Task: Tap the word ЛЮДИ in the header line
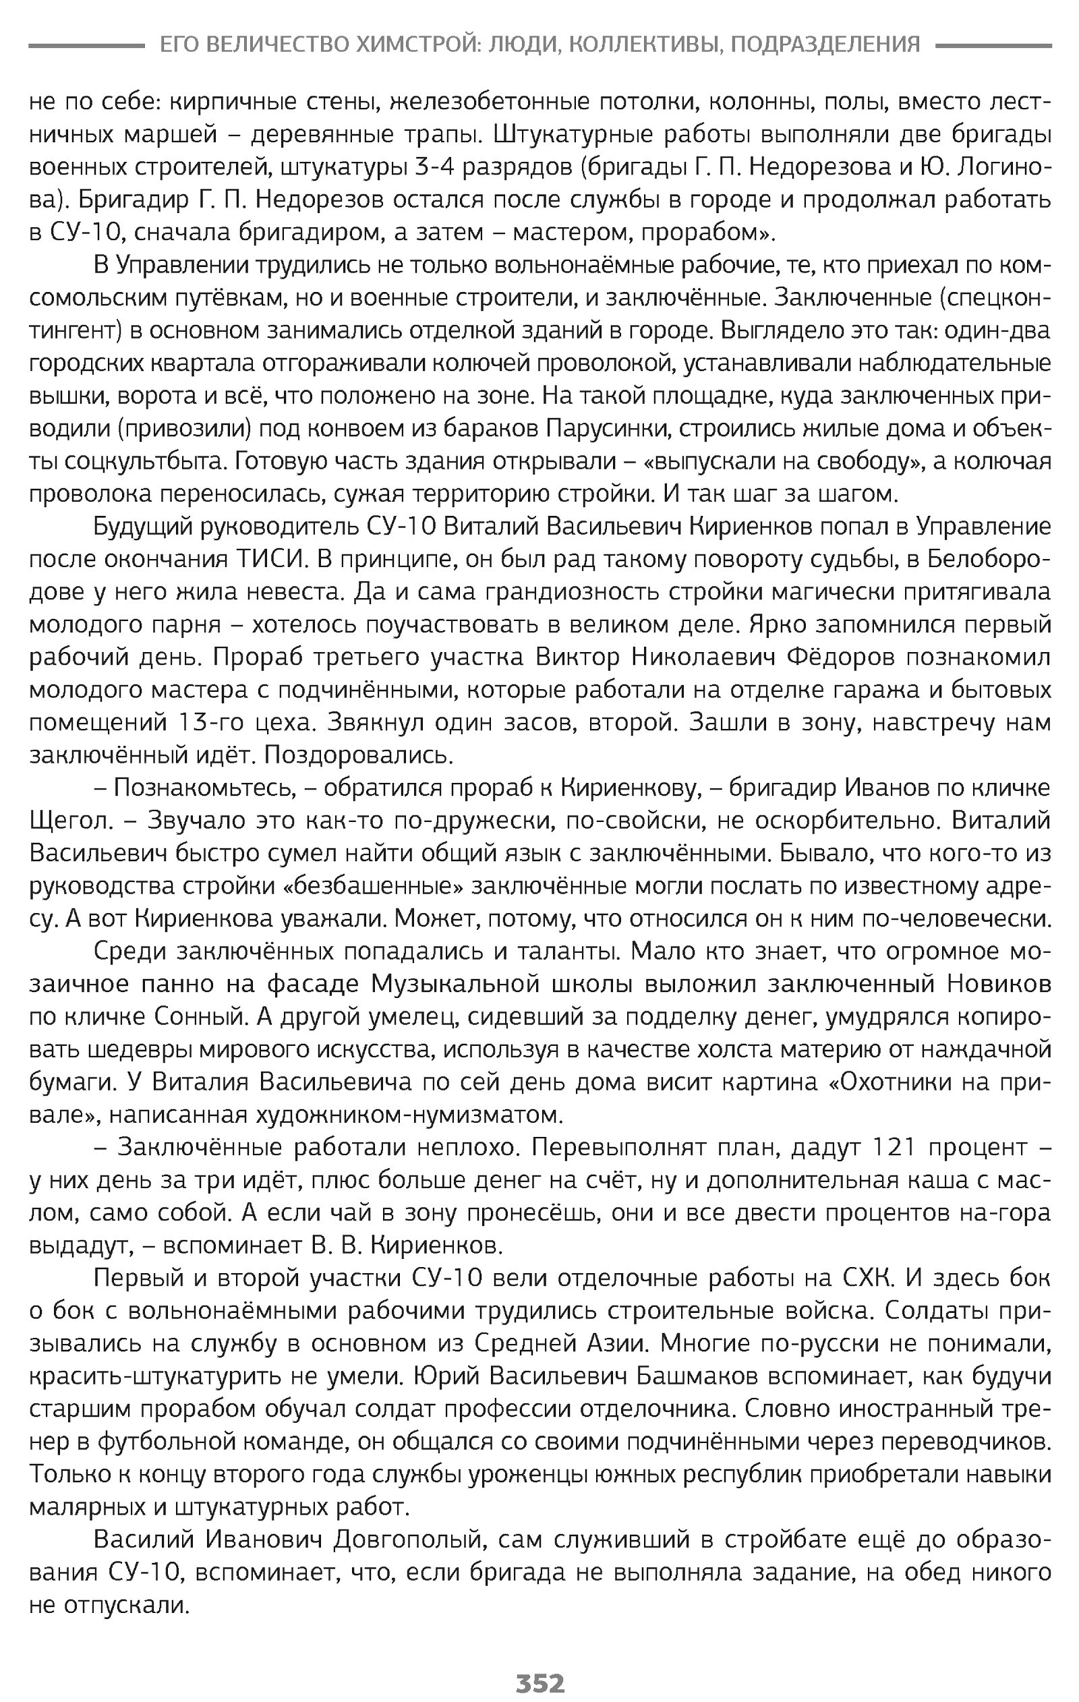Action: coord(514,45)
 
